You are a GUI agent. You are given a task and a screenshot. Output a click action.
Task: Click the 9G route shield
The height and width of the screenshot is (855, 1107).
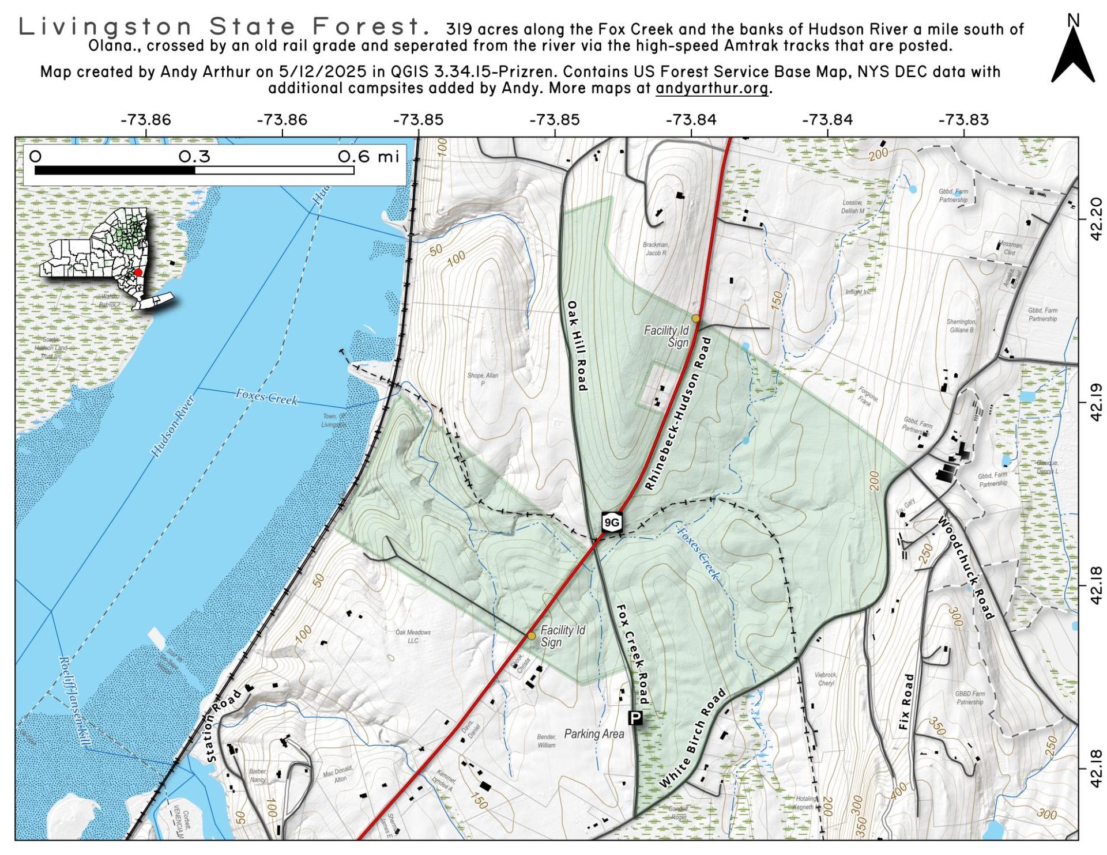point(611,523)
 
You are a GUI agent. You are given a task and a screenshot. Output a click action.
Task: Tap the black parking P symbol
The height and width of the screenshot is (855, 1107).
point(635,718)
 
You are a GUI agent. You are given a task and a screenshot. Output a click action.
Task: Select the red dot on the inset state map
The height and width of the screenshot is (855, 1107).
point(138,273)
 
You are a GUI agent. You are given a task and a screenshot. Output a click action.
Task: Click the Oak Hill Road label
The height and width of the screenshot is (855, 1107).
point(577,346)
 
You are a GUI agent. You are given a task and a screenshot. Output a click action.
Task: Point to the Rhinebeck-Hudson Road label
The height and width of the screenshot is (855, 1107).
point(678,414)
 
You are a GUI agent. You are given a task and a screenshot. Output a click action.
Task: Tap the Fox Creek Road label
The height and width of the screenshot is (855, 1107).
point(632,654)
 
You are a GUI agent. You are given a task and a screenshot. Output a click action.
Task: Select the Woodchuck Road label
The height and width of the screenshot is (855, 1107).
point(966,568)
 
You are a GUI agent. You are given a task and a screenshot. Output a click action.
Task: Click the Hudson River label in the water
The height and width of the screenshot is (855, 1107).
point(172,427)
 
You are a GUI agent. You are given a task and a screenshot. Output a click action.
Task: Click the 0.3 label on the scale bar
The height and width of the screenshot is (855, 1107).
point(194,157)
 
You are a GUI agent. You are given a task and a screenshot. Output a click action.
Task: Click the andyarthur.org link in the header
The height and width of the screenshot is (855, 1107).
point(711,88)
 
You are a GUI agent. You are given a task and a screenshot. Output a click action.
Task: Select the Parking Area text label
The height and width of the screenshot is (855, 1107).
point(594,734)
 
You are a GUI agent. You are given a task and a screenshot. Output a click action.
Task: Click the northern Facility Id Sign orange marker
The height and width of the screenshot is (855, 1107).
point(696,318)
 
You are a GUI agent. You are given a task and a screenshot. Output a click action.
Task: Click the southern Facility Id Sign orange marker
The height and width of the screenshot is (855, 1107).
point(532,635)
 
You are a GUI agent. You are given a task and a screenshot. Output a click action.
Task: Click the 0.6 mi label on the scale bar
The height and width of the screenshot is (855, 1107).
point(368,157)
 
